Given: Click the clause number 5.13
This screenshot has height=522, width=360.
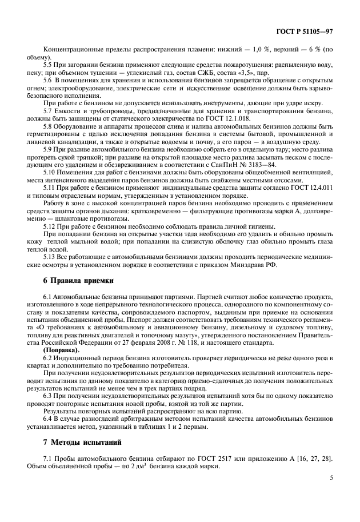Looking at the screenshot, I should click(x=51, y=256).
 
